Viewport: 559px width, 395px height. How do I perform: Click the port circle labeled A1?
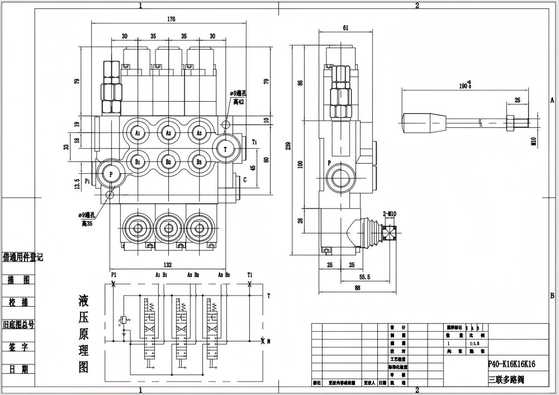tap(138, 133)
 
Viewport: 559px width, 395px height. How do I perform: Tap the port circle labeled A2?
tap(168, 133)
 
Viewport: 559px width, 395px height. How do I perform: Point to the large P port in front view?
tap(111, 174)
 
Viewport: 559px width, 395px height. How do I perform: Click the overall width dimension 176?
tap(171, 20)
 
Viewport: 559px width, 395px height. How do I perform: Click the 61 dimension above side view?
tap(347, 27)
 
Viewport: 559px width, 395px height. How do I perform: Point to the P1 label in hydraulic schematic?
tap(113, 275)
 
